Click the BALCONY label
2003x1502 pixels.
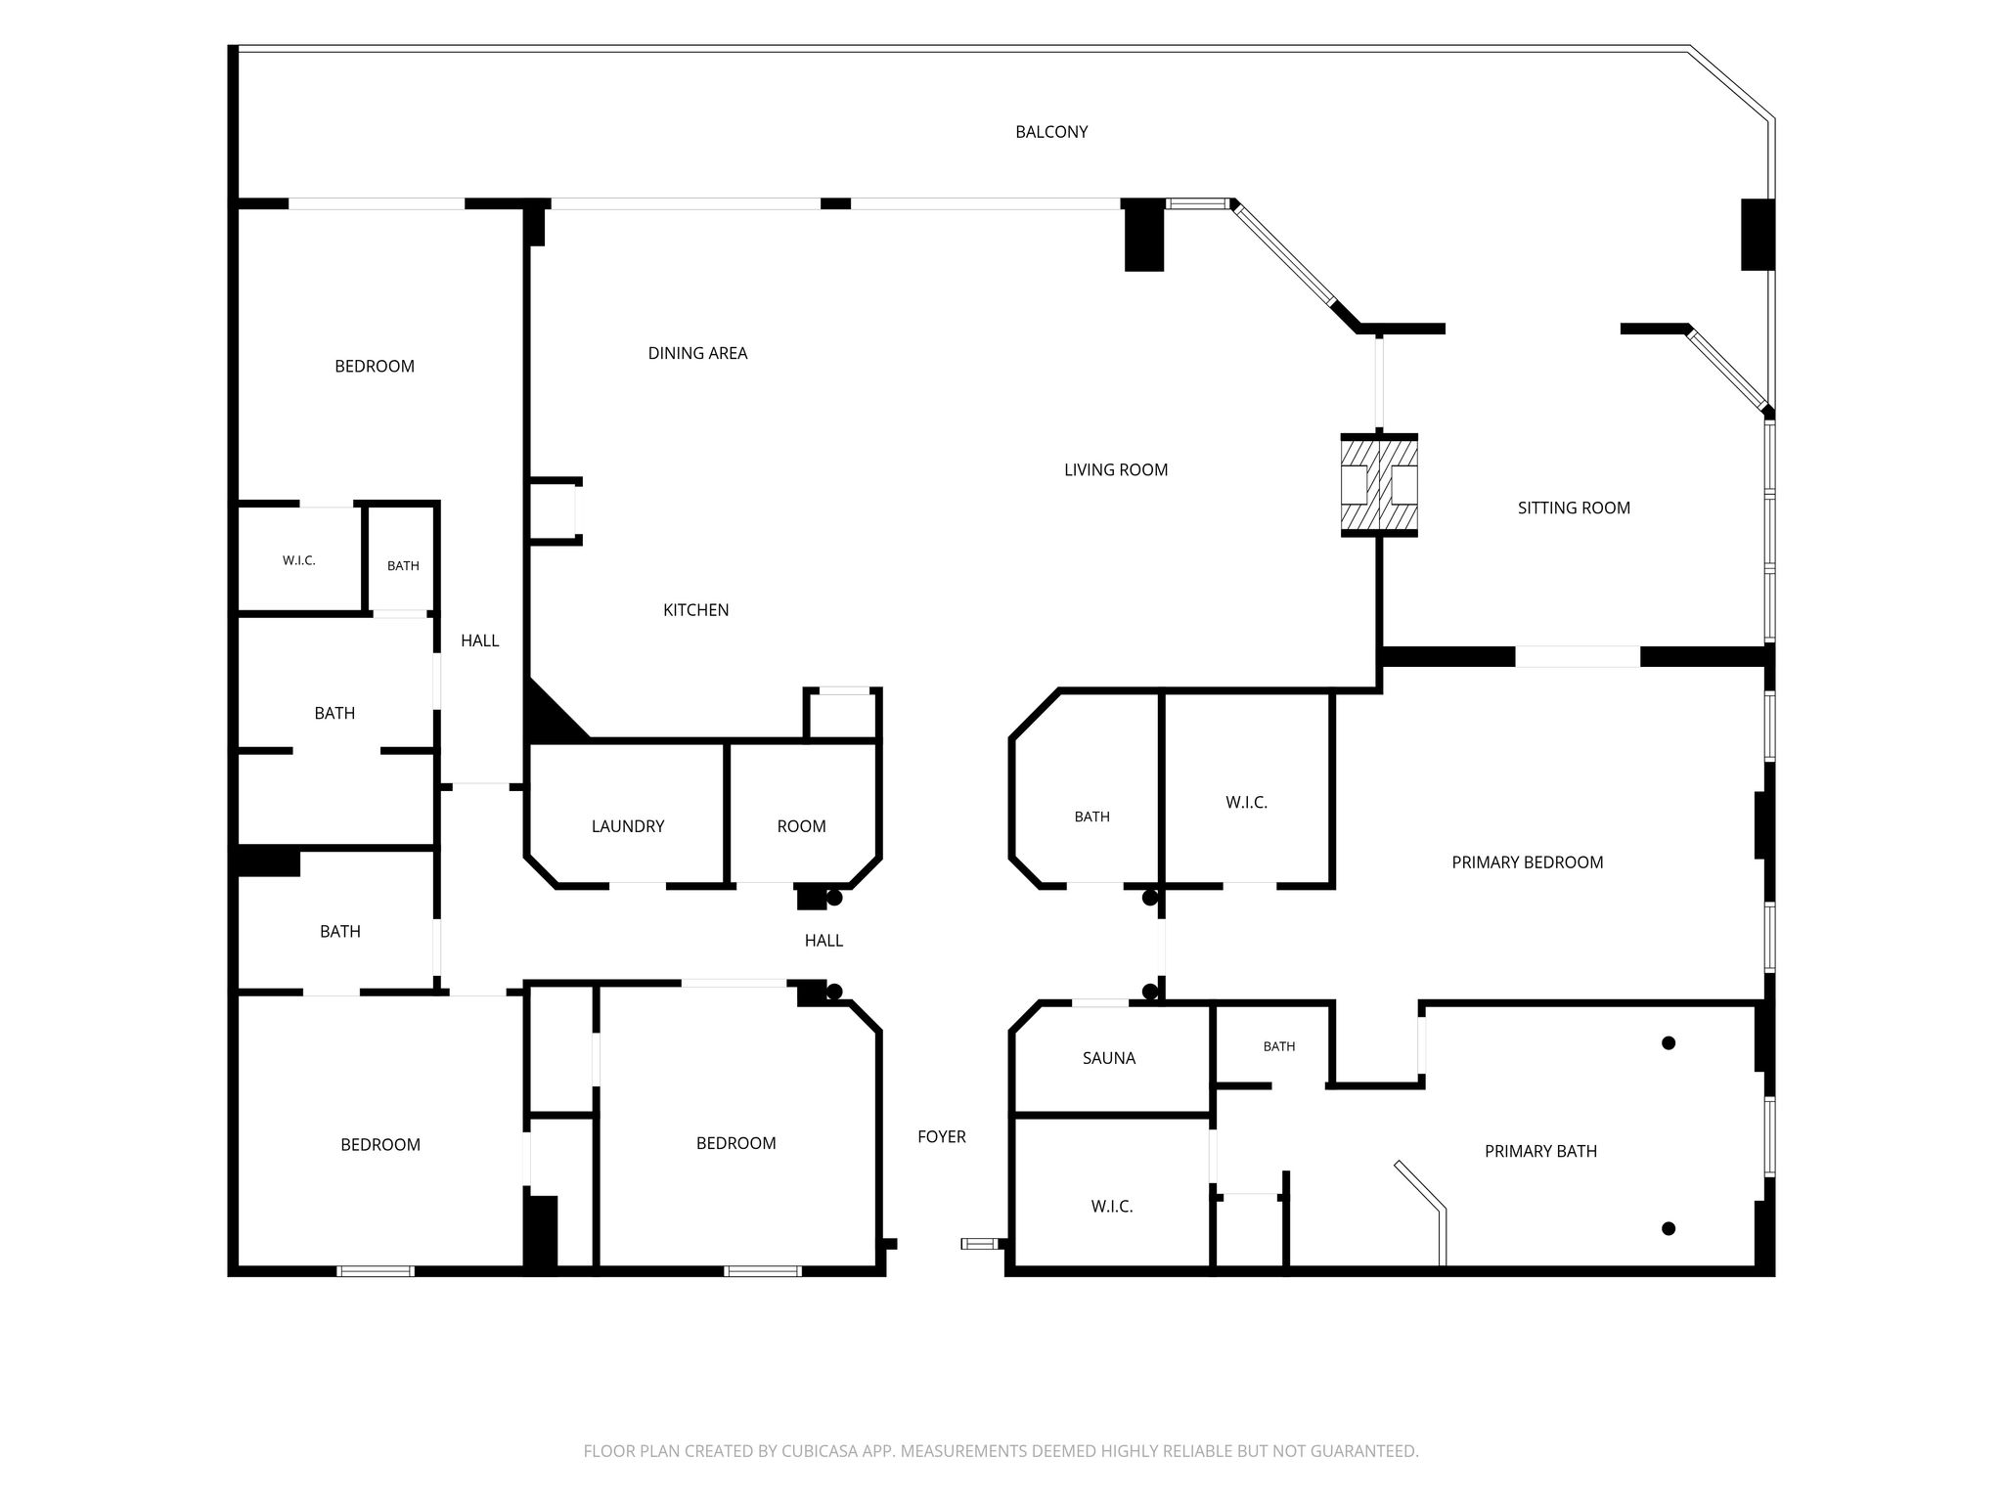pos(1051,132)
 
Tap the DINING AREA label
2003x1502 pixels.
pos(697,353)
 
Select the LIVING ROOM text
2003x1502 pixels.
pos(1116,469)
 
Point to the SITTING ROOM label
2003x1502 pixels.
pos(1574,508)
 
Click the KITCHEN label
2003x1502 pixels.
pos(695,610)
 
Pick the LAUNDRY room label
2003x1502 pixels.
pos(628,826)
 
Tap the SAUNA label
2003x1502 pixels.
pos(1109,1058)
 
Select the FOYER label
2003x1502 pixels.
pos(942,1136)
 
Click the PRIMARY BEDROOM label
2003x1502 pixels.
pos(1528,862)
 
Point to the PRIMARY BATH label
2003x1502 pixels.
pos(1540,1151)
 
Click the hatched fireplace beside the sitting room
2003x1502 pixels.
pos(1379,484)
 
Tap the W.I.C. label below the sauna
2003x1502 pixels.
pos(1112,1207)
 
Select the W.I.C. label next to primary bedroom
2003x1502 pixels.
pos(1246,802)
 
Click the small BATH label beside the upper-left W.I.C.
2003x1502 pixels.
pos(403,565)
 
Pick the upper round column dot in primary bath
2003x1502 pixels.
pos(1669,1043)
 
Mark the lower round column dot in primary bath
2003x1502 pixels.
pos(1669,1228)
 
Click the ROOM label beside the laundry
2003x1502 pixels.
pos(801,826)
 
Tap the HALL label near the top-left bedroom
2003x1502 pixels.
pos(480,641)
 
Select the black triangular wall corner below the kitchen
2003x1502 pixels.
pos(546,717)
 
